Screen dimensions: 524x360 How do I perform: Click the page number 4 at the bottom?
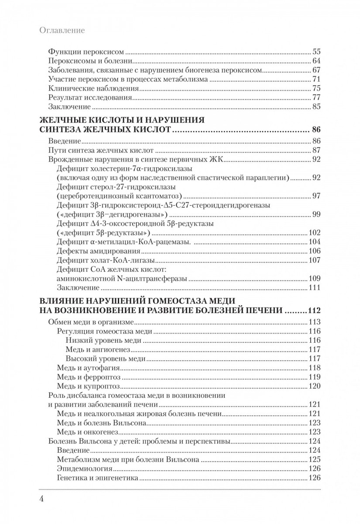[42, 499]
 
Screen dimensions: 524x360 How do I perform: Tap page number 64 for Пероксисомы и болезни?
[316, 60]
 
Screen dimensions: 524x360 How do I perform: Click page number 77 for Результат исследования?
[316, 97]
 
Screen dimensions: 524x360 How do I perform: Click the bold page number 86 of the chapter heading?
[316, 130]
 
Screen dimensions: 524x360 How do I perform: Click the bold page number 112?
[314, 311]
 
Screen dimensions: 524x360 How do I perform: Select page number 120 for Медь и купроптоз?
[314, 386]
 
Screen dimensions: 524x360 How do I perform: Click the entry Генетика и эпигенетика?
[98, 478]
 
